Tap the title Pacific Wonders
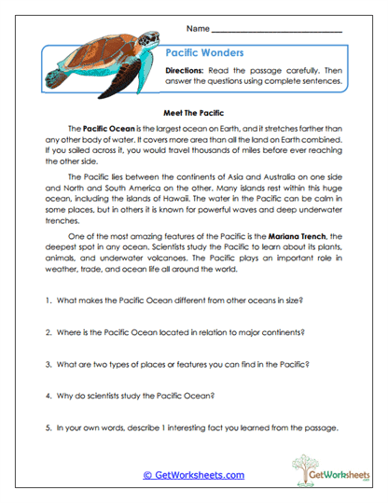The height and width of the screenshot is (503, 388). [x=203, y=52]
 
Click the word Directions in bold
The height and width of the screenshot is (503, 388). [x=188, y=71]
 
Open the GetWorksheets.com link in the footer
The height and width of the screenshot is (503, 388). [x=193, y=475]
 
